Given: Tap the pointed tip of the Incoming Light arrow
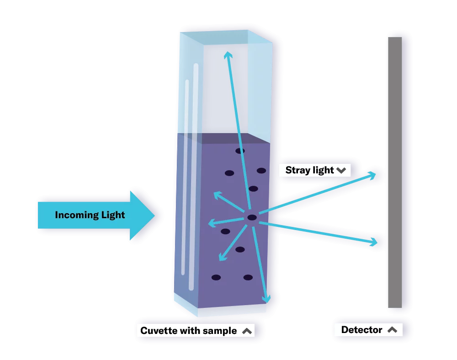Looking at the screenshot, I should pos(154,215).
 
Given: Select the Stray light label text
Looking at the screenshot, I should pos(309,170).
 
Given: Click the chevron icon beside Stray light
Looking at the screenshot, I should pos(341,171).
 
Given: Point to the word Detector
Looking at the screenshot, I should pos(361,330).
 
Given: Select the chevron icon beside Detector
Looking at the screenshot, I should pos(392,330).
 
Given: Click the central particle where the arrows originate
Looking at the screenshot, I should pos(252,218).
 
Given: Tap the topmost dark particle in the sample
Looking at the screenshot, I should pos(240,151).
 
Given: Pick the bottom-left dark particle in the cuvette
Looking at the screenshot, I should pos(216,277).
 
